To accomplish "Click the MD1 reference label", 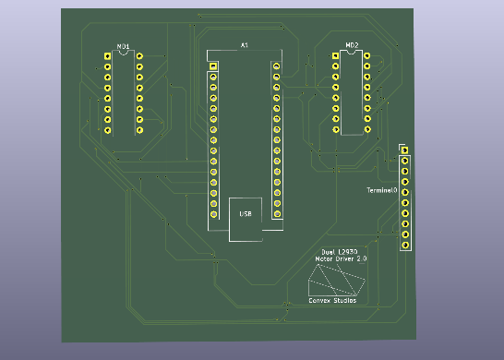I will tap(123, 45).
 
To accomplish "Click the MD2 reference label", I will tap(352, 45).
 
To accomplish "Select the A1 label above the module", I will tap(245, 44).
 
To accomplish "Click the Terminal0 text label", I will tap(381, 189).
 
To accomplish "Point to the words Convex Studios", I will tap(332, 301).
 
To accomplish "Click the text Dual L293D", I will tap(340, 252).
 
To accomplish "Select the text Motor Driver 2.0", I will tap(342, 260).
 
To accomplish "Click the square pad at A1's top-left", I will tap(213, 66).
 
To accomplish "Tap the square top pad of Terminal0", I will tap(404, 150).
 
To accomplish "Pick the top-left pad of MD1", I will tap(107, 56).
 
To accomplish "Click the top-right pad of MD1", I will tap(139, 56).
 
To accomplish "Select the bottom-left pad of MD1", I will tap(107, 130).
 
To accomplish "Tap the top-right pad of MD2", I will tap(367, 56).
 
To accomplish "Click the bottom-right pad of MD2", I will tap(367, 130).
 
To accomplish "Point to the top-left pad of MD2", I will tap(335, 56).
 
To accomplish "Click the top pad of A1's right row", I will tap(275, 66).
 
